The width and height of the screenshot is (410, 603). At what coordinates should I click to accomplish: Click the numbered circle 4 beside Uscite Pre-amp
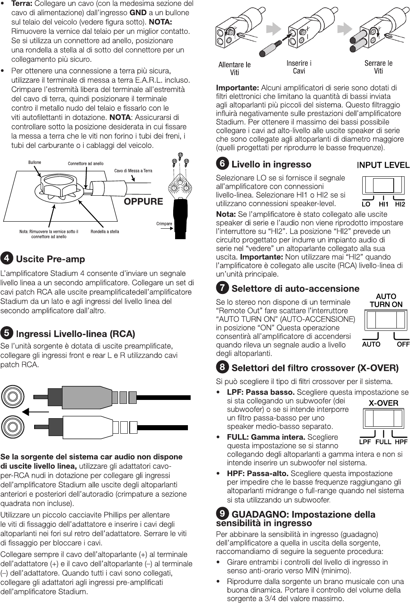pyautogui.click(x=7, y=258)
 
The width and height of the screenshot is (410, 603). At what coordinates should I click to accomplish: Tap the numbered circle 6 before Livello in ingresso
pyautogui.click(x=222, y=164)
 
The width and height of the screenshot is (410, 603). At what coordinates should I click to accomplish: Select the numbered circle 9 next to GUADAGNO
pyautogui.click(x=222, y=514)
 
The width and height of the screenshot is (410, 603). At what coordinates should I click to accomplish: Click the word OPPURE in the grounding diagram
pyautogui.click(x=143, y=201)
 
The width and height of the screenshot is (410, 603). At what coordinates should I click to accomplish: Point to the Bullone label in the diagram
pyautogui.click(x=34, y=162)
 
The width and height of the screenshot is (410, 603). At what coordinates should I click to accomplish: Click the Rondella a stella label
pyautogui.click(x=105, y=232)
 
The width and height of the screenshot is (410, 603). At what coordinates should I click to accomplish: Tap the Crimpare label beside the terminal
pyautogui.click(x=164, y=224)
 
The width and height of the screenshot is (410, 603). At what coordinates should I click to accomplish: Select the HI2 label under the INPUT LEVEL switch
pyautogui.click(x=400, y=204)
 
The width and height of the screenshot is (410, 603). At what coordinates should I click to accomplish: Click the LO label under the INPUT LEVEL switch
pyautogui.click(x=366, y=204)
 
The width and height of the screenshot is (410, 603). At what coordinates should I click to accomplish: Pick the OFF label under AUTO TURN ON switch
pyautogui.click(x=403, y=344)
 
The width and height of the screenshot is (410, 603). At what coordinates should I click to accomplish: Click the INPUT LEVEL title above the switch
pyautogui.click(x=383, y=165)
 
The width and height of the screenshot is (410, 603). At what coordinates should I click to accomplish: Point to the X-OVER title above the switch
pyautogui.click(x=383, y=403)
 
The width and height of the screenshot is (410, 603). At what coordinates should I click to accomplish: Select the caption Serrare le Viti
pyautogui.click(x=378, y=67)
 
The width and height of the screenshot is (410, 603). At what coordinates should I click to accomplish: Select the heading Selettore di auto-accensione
pyautogui.click(x=295, y=288)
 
